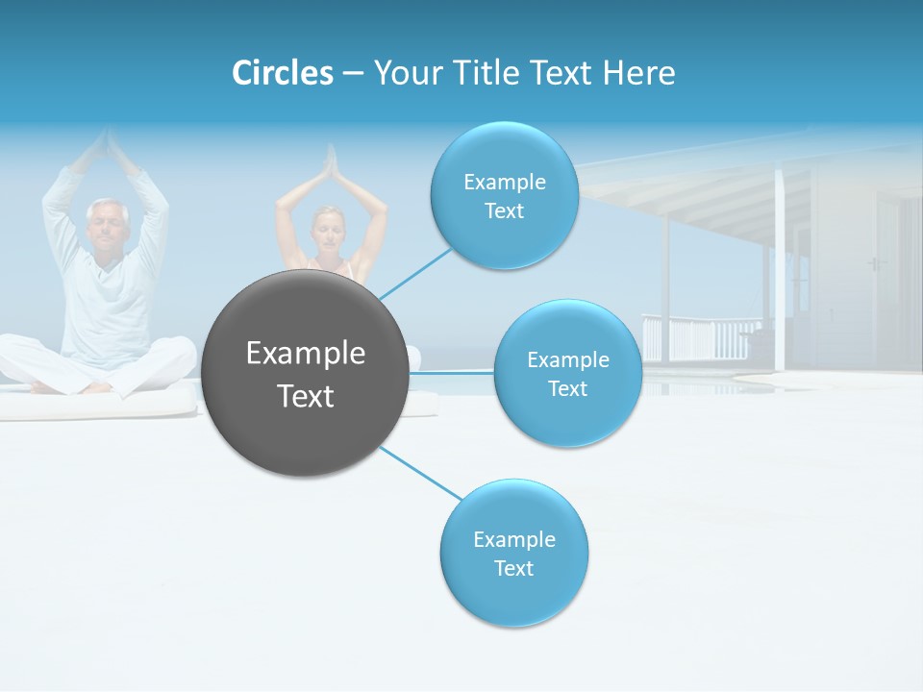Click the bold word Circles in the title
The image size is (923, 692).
[282, 73]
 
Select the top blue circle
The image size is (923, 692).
[504, 195]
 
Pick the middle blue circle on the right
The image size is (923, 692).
[567, 373]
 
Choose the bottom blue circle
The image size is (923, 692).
[513, 553]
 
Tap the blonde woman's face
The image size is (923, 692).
[329, 231]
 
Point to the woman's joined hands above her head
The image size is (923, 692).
[332, 165]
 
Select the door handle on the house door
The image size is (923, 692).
[873, 263]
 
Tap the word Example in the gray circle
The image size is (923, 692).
[306, 354]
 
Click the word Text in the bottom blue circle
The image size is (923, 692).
[513, 568]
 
